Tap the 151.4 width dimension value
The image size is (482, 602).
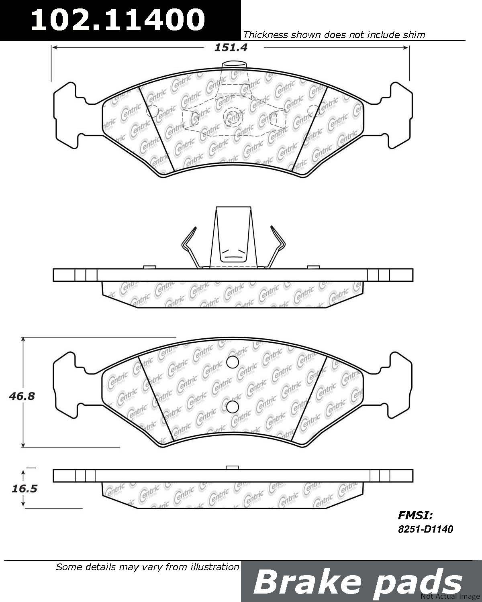231,47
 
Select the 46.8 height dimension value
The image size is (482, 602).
22,396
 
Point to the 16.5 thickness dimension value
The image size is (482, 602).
25,488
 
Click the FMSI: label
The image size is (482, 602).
415,516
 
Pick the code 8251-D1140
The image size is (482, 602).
425,529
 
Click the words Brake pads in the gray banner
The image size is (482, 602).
357,583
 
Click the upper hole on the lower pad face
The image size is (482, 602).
233,362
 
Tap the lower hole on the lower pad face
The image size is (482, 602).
232,407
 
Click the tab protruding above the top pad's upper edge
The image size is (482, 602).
234,65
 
